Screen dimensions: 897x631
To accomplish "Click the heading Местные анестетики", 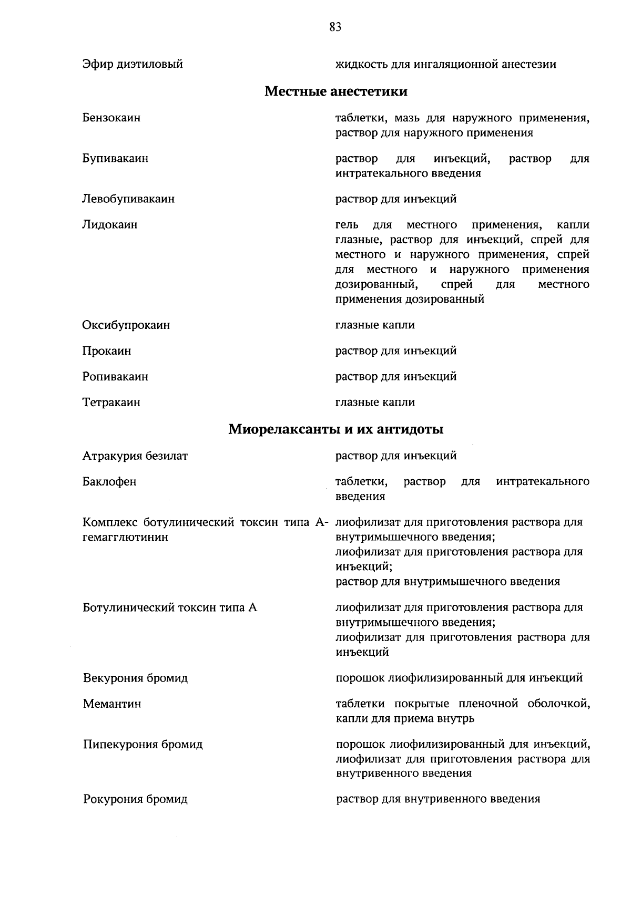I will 335,91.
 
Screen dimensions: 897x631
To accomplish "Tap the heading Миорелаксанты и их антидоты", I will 335,429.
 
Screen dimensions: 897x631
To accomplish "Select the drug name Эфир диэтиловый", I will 133,64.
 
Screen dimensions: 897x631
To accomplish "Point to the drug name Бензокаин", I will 111,118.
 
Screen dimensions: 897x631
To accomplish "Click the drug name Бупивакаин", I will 115,158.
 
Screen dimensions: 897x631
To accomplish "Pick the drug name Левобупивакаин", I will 128,199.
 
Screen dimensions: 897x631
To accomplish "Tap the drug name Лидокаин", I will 110,224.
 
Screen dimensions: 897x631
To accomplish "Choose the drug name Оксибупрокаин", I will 126,325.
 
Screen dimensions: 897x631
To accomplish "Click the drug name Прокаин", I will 107,350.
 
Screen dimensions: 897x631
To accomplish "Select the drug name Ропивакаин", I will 115,376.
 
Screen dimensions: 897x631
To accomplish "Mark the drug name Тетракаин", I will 111,402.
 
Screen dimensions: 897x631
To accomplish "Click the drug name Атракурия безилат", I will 135,456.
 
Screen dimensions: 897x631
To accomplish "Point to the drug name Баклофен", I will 109,481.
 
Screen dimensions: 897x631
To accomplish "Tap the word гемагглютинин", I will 126,537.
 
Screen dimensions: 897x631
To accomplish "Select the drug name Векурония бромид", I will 135,678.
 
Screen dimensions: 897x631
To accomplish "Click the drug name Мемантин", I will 112,704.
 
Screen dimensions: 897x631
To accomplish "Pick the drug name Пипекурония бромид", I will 143,744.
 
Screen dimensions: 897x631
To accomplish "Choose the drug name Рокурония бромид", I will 135,799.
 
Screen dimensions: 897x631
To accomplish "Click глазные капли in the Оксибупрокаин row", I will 375,325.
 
